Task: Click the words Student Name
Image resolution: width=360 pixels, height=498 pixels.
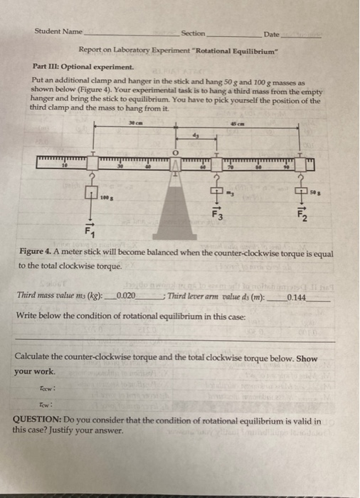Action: tap(58, 32)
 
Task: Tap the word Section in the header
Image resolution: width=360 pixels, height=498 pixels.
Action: tap(193, 33)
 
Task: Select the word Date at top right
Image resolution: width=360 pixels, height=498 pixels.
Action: tap(271, 35)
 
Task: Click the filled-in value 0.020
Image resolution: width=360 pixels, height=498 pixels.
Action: tap(126, 295)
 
